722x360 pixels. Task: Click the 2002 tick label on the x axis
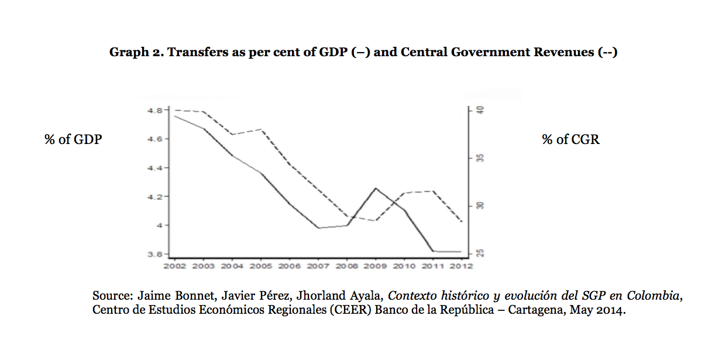click(x=174, y=266)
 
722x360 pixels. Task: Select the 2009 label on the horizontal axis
click(x=375, y=266)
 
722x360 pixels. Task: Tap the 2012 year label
click(x=461, y=266)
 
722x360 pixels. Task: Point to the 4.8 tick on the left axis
click(x=155, y=110)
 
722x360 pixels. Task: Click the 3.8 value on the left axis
click(x=155, y=254)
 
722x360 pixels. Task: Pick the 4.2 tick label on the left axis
click(x=155, y=197)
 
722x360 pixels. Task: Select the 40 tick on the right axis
click(x=480, y=110)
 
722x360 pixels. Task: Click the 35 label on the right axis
click(x=480, y=158)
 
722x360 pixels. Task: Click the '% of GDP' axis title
click(x=73, y=139)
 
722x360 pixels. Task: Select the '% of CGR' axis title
click(x=570, y=139)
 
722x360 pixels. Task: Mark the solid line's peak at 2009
click(x=375, y=188)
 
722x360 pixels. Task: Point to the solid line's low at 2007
click(x=318, y=228)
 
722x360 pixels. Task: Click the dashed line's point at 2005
click(x=261, y=129)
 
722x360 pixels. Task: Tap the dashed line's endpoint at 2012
click(x=462, y=222)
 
